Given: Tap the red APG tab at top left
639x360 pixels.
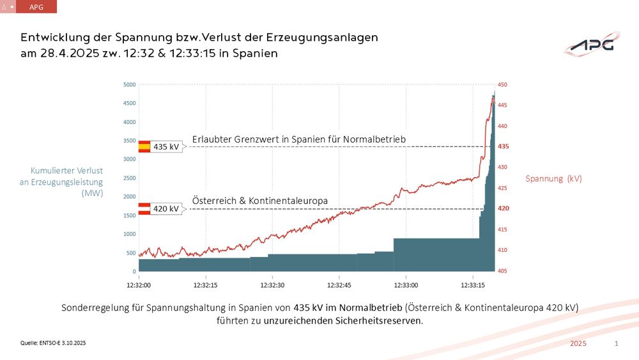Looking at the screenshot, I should point(37,6).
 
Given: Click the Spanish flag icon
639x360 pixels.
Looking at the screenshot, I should point(144,146).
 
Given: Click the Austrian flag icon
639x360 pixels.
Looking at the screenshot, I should point(144,208).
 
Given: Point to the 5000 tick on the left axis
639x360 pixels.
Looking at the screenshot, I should point(129,84).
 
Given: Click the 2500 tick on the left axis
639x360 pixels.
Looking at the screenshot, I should point(129,178).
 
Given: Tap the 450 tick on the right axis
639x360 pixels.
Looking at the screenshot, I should point(503,84).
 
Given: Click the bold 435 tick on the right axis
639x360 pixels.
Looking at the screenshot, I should point(503,146).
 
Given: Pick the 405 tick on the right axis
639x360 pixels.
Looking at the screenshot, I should point(503,271).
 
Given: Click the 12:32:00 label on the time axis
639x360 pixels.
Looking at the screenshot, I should point(139,285).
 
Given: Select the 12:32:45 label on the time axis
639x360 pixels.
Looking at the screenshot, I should point(339,285).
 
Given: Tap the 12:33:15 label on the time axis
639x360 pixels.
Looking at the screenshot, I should point(472,285).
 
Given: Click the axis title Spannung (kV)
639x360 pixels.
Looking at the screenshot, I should point(553,179).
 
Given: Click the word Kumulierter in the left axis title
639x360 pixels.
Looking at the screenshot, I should point(51,171).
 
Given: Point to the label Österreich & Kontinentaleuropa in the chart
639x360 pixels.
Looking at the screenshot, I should point(260,201).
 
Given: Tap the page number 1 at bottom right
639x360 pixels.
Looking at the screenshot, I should point(616,344).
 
